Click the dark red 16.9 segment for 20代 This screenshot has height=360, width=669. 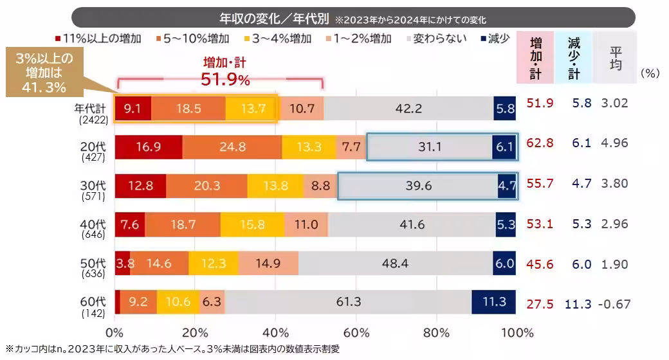pyautogui.click(x=149, y=147)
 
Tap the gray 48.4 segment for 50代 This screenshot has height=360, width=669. pyautogui.click(x=396, y=264)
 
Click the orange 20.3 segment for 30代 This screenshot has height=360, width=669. pyautogui.click(x=206, y=186)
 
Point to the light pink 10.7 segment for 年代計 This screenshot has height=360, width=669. pyautogui.click(x=301, y=109)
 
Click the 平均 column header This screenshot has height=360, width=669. pyautogui.click(x=615, y=58)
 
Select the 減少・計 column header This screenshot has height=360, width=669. pyautogui.click(x=574, y=58)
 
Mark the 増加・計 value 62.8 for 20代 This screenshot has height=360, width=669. pyautogui.click(x=540, y=143)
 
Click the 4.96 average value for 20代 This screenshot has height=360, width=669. pyautogui.click(x=614, y=143)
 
